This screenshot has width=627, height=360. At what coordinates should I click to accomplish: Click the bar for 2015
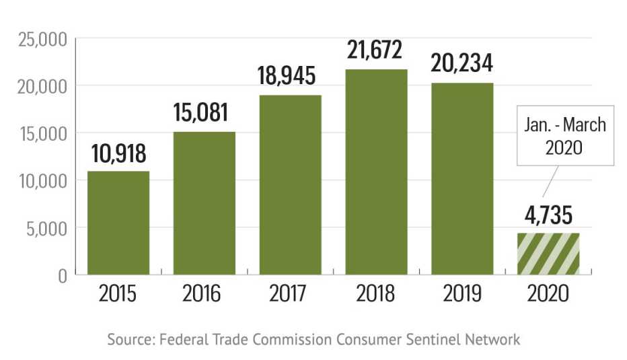[x=118, y=223]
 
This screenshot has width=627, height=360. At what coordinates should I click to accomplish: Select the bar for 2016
[x=205, y=203]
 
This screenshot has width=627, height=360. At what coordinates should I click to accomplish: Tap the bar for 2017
[x=290, y=184]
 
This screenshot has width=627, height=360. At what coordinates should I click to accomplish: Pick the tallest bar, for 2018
[x=376, y=172]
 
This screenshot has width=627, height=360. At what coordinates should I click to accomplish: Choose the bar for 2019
[x=462, y=178]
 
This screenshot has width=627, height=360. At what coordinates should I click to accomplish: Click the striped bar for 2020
[x=548, y=254]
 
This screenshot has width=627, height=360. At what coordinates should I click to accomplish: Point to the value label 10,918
[x=118, y=153]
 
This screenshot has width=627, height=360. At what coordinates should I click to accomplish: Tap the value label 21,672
[x=376, y=50]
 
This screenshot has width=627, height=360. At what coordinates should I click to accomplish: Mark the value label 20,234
[x=462, y=63]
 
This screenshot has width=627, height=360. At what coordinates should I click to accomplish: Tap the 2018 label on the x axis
[x=376, y=294]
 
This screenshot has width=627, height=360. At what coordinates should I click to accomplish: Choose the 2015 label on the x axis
[x=118, y=294]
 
